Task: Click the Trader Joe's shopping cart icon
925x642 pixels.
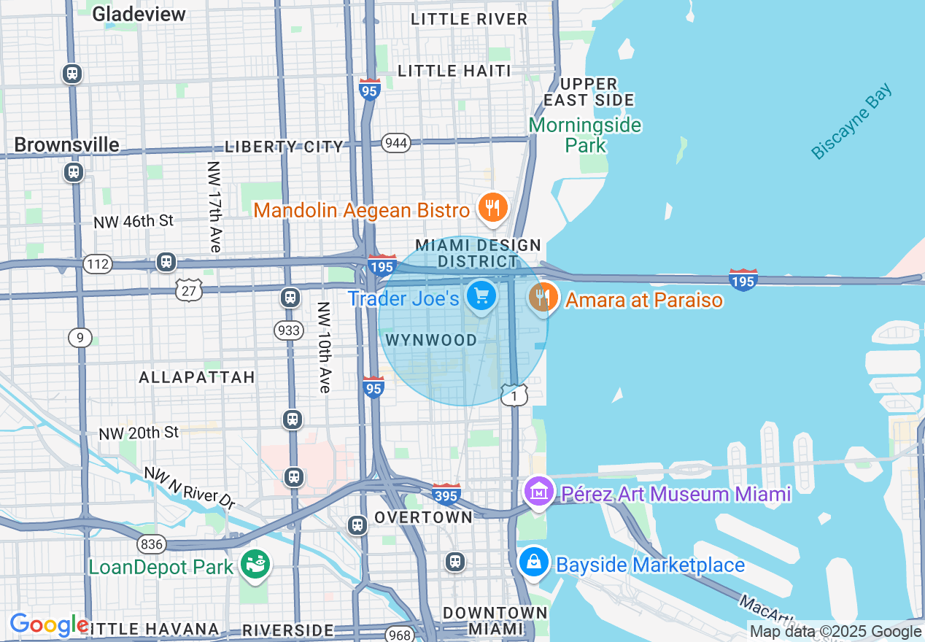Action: click(x=481, y=295)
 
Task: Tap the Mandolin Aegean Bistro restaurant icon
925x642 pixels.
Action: click(x=493, y=209)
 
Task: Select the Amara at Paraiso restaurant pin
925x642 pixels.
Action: click(x=543, y=298)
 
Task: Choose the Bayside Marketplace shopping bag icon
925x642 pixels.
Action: click(x=534, y=562)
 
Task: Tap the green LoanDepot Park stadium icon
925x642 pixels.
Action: click(x=255, y=564)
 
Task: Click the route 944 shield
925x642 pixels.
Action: click(x=395, y=143)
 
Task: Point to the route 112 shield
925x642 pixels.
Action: click(x=96, y=263)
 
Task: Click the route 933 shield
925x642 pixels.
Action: click(x=289, y=330)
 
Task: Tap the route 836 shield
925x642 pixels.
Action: click(x=151, y=544)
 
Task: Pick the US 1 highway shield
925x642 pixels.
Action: click(x=514, y=394)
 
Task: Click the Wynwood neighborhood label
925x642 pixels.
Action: click(x=431, y=340)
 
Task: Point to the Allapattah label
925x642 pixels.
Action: click(x=197, y=377)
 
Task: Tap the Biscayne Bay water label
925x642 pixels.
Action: click(x=851, y=122)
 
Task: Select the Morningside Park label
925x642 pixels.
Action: click(x=585, y=135)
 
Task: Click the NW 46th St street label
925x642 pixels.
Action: click(x=133, y=221)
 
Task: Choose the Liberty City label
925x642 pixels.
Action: click(x=284, y=147)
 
